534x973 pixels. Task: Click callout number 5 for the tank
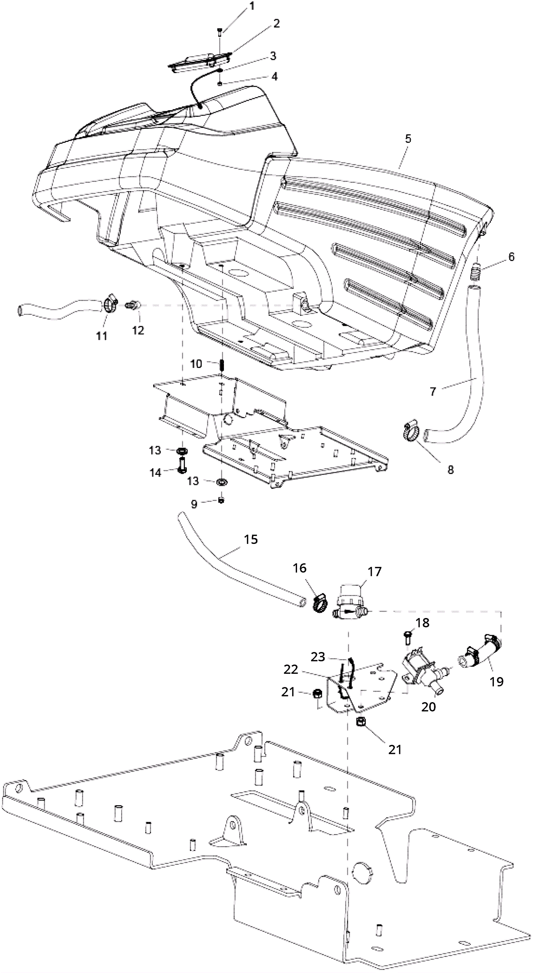coord(408,139)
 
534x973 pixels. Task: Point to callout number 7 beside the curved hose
coord(433,391)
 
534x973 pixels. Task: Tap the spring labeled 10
coord(222,366)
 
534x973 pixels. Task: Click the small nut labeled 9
coord(222,501)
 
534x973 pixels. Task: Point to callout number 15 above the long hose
coord(250,539)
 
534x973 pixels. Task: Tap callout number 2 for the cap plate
coord(276,23)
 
